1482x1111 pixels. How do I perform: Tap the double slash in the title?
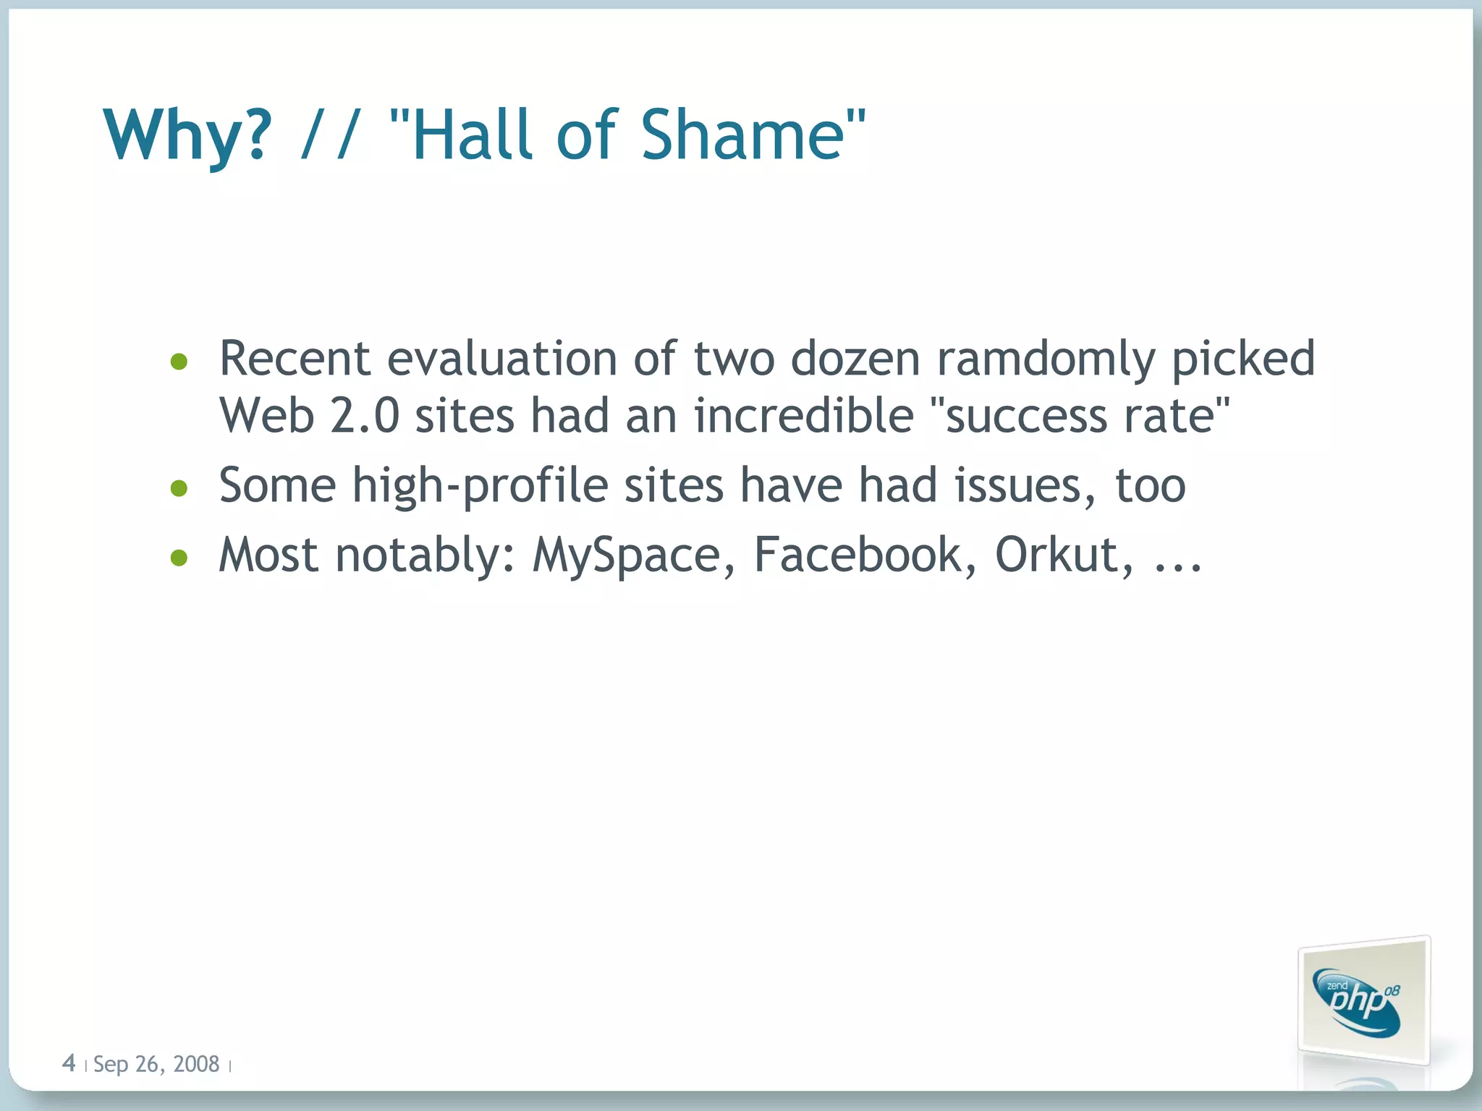pyautogui.click(x=330, y=135)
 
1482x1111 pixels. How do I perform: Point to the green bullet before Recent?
pyautogui.click(x=179, y=361)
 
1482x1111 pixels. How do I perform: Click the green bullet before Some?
pyautogui.click(x=179, y=488)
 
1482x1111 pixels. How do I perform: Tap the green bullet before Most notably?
pyautogui.click(x=179, y=558)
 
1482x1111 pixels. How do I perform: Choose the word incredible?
pyautogui.click(x=803, y=416)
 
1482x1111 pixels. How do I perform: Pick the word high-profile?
pyautogui.click(x=480, y=485)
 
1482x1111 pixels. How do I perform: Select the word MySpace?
pyautogui.click(x=627, y=555)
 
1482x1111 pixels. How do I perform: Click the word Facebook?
pyautogui.click(x=857, y=554)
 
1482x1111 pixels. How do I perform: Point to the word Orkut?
pyautogui.click(x=1057, y=554)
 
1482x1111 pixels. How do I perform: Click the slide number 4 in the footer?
pyautogui.click(x=69, y=1063)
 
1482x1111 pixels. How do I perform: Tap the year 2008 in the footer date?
pyautogui.click(x=196, y=1064)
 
